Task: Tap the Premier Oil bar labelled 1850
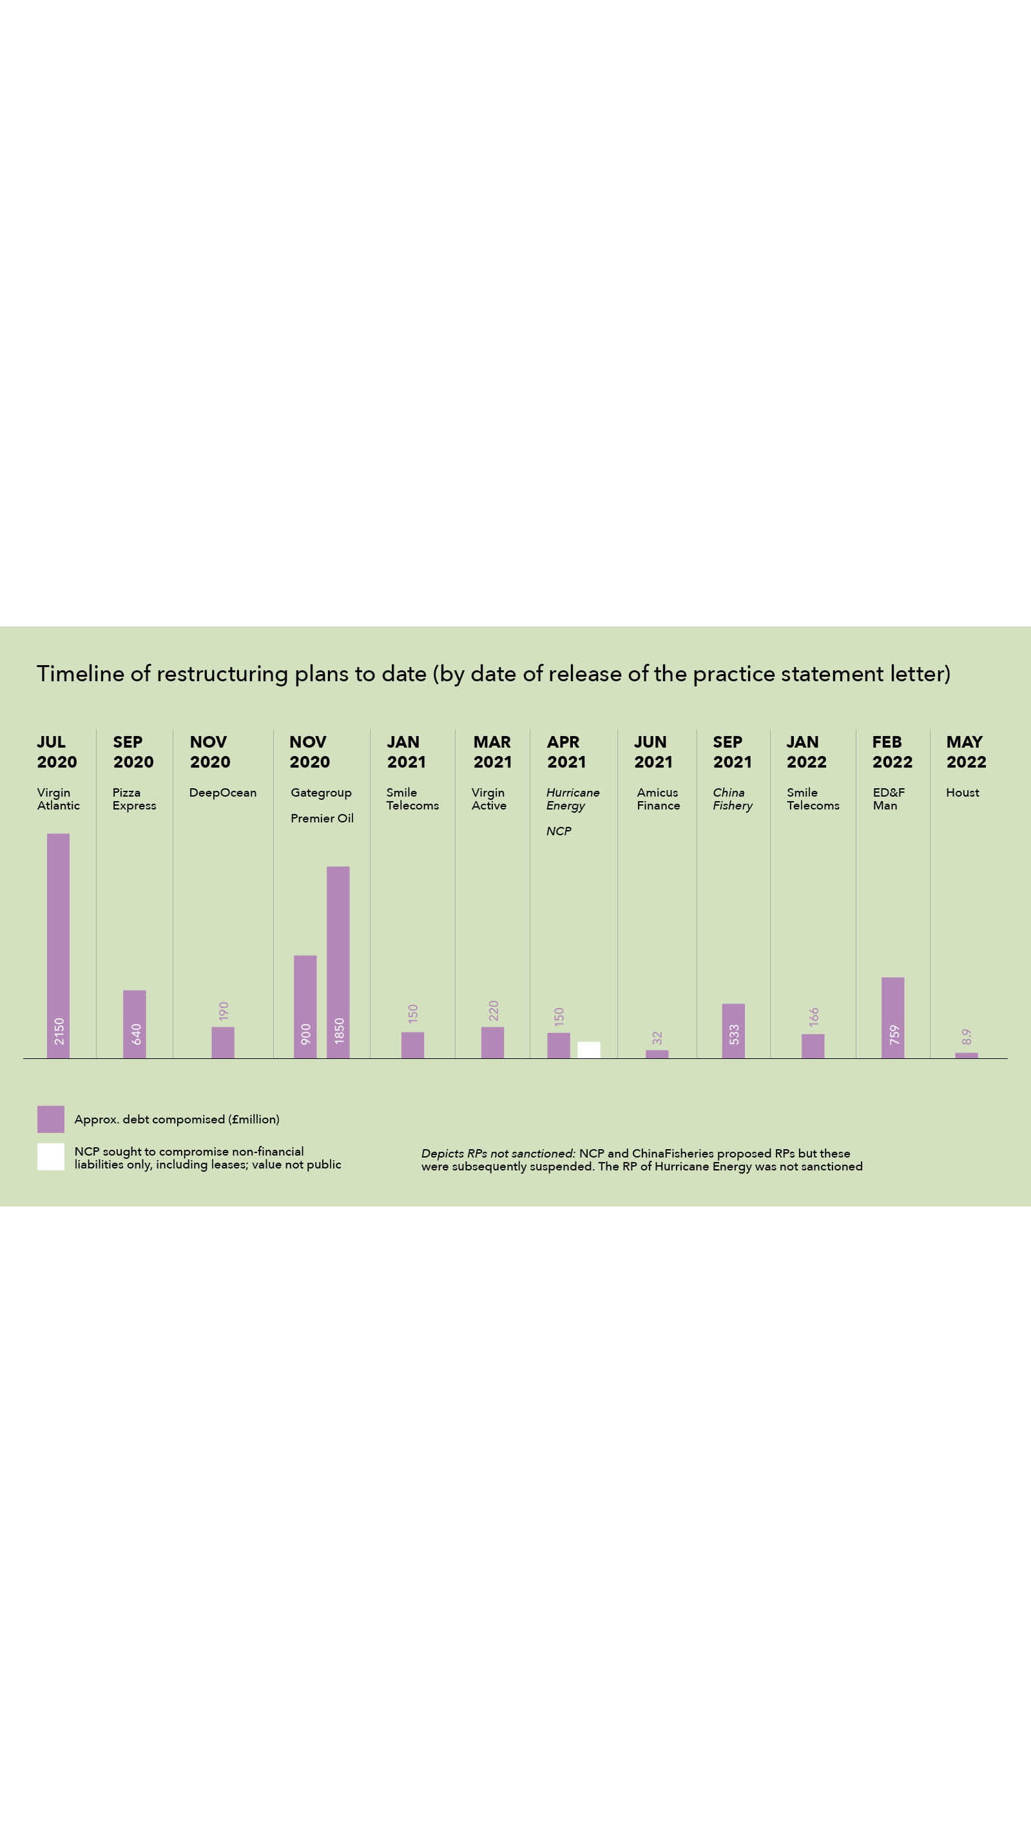click(x=338, y=962)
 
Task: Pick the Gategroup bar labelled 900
click(x=305, y=1006)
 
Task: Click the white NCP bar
click(x=588, y=1049)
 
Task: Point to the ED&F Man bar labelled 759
click(x=893, y=1017)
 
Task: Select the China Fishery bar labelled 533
click(x=733, y=1031)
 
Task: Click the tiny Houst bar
click(x=967, y=1055)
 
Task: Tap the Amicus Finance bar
click(x=657, y=1054)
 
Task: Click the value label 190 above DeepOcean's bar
click(x=224, y=1011)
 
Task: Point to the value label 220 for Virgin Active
click(x=493, y=1010)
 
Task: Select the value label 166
click(x=814, y=1016)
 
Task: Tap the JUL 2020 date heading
click(x=57, y=752)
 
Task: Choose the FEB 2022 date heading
click(x=892, y=752)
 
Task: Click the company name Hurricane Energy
click(x=572, y=799)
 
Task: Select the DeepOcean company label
click(x=223, y=792)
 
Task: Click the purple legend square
click(x=50, y=1119)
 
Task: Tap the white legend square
click(x=50, y=1156)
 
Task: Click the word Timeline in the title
click(x=81, y=673)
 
